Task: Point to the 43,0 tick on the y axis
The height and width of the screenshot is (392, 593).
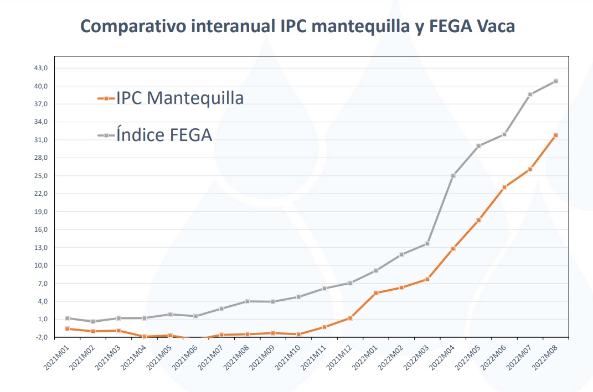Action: tap(42, 68)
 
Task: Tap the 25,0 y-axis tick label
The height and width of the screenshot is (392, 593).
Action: tap(42, 176)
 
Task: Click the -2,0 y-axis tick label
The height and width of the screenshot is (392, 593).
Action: tap(42, 337)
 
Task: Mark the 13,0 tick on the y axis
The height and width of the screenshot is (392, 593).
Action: tap(42, 248)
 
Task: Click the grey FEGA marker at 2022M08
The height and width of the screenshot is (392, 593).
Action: tap(555, 81)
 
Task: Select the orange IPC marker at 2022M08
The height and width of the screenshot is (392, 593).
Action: tap(555, 135)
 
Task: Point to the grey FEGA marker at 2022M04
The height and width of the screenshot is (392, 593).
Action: tap(453, 176)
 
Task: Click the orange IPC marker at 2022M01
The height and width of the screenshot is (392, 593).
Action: tap(376, 292)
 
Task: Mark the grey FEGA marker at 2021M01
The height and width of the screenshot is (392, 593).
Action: tap(67, 318)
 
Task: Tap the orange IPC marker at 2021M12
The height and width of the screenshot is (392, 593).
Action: tap(350, 318)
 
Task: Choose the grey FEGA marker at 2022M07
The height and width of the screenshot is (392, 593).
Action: tap(530, 94)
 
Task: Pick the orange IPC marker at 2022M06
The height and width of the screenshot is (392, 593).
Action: tap(504, 187)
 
